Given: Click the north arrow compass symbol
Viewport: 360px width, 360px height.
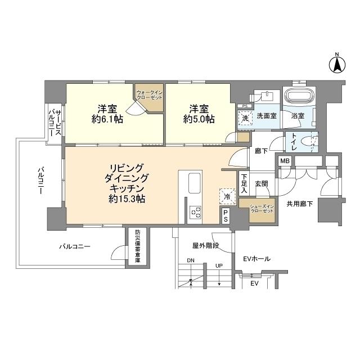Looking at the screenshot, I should pyautogui.click(x=337, y=64).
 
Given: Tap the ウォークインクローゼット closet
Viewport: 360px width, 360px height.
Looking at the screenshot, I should pyautogui.click(x=148, y=97).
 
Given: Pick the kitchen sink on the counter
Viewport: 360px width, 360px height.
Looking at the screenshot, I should pyautogui.click(x=193, y=182).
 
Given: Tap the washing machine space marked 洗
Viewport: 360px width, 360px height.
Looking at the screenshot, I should pyautogui.click(x=245, y=118).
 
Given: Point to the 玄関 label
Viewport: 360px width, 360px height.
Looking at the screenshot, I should pyautogui.click(x=261, y=183).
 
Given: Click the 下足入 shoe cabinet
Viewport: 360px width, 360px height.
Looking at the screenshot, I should pyautogui.click(x=242, y=183).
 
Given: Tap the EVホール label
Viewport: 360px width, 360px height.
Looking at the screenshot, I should pyautogui.click(x=258, y=259).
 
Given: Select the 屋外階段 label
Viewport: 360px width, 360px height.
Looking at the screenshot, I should pyautogui.click(x=205, y=246).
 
